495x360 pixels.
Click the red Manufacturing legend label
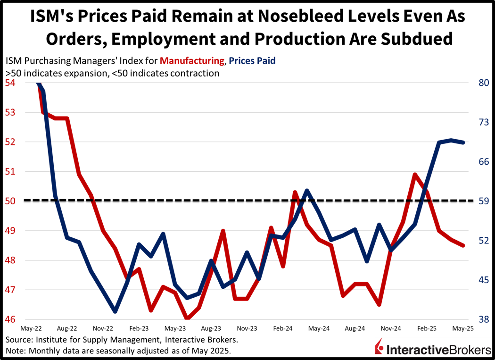(x=192, y=61)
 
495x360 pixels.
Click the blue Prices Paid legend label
(x=252, y=61)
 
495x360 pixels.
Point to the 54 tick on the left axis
(x=10, y=83)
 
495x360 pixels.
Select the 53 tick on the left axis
(x=10, y=113)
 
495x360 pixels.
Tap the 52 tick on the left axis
(x=10, y=142)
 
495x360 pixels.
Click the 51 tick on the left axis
(x=10, y=172)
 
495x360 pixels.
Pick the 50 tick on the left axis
(x=10, y=201)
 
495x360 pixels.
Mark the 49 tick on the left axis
(x=10, y=231)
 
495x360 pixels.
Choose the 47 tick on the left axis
(x=10, y=290)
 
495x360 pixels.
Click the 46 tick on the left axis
(x=10, y=320)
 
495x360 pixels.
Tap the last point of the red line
(x=464, y=245)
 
